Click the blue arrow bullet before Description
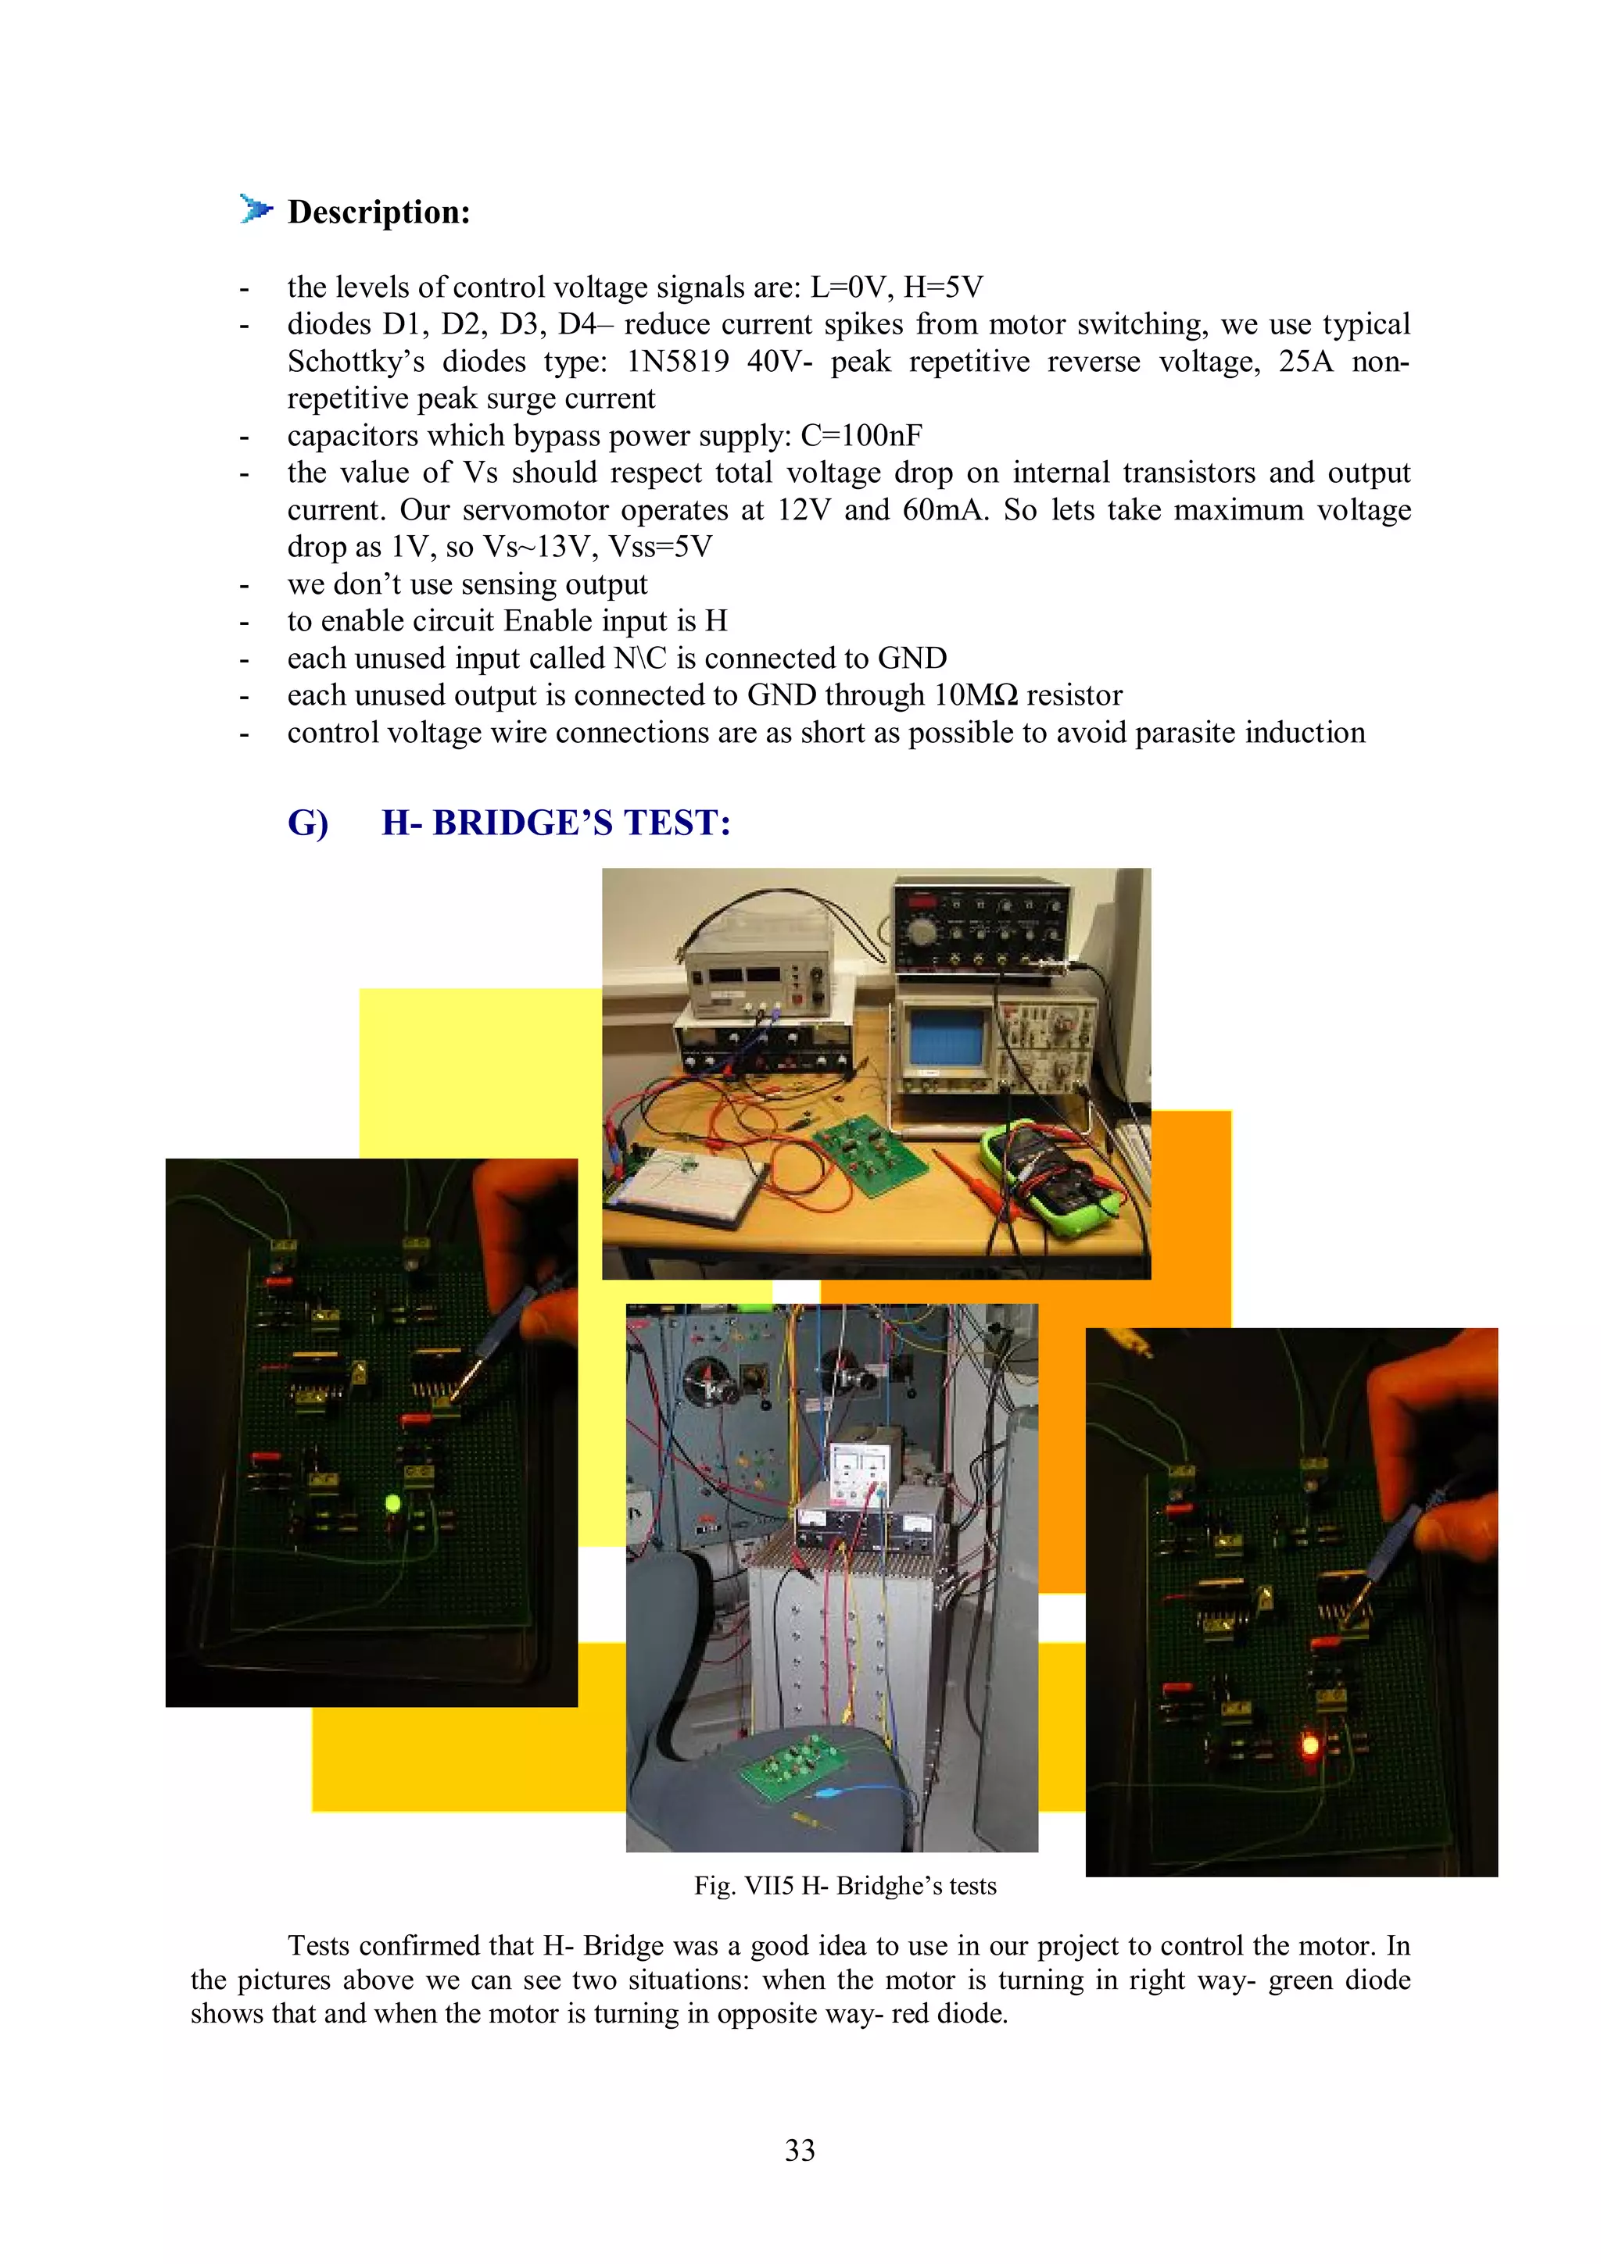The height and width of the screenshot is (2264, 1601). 256,209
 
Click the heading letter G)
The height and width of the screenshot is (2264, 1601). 308,823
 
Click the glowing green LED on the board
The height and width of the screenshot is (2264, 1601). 392,1504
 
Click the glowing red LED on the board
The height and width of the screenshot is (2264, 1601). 1310,1745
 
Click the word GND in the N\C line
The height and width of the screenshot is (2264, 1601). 912,658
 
